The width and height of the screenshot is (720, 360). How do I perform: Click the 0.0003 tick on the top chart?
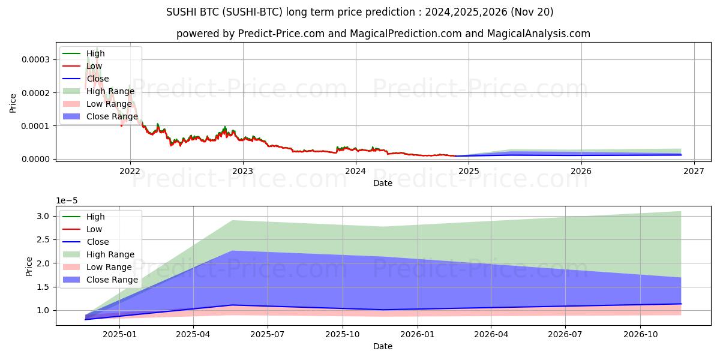[37, 59]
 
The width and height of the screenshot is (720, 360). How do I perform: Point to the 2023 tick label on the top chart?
[243, 170]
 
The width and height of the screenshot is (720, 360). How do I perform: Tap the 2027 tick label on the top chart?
[694, 170]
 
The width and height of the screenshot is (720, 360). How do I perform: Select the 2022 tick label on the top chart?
[130, 170]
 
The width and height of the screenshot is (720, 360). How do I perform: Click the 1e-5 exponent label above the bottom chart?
[68, 200]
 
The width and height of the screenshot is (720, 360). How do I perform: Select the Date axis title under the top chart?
[383, 183]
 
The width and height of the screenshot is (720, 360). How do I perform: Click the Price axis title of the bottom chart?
[29, 266]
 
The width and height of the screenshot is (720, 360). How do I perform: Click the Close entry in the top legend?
[98, 79]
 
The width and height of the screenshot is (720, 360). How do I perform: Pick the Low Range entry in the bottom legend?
[109, 267]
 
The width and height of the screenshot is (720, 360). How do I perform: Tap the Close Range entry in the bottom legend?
[112, 280]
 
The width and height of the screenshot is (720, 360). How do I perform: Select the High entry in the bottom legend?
[96, 217]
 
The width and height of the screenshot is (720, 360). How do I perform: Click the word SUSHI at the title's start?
[180, 12]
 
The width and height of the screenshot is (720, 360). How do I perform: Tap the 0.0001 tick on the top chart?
[37, 125]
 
